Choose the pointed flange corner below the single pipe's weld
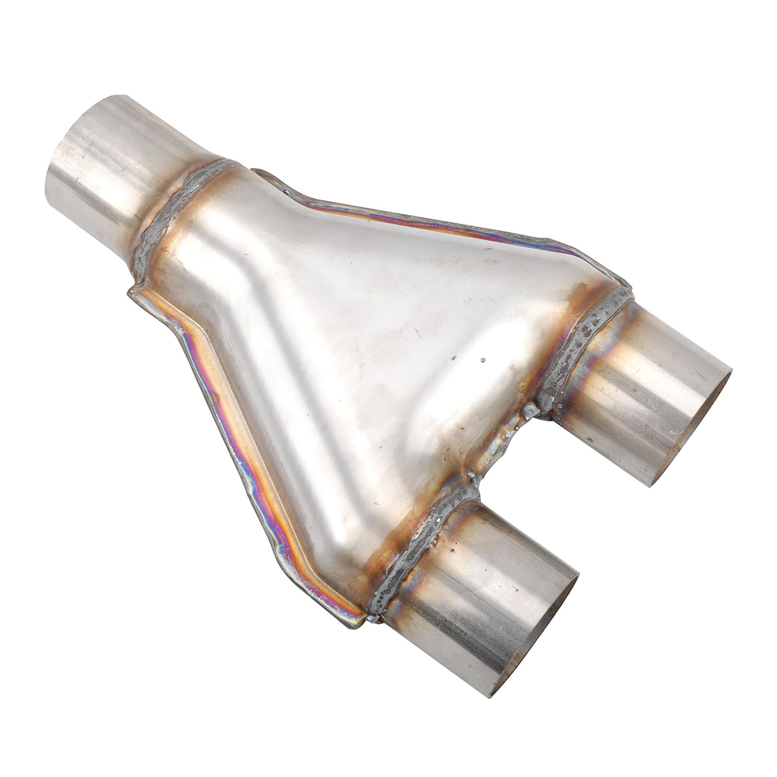point(134,291)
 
